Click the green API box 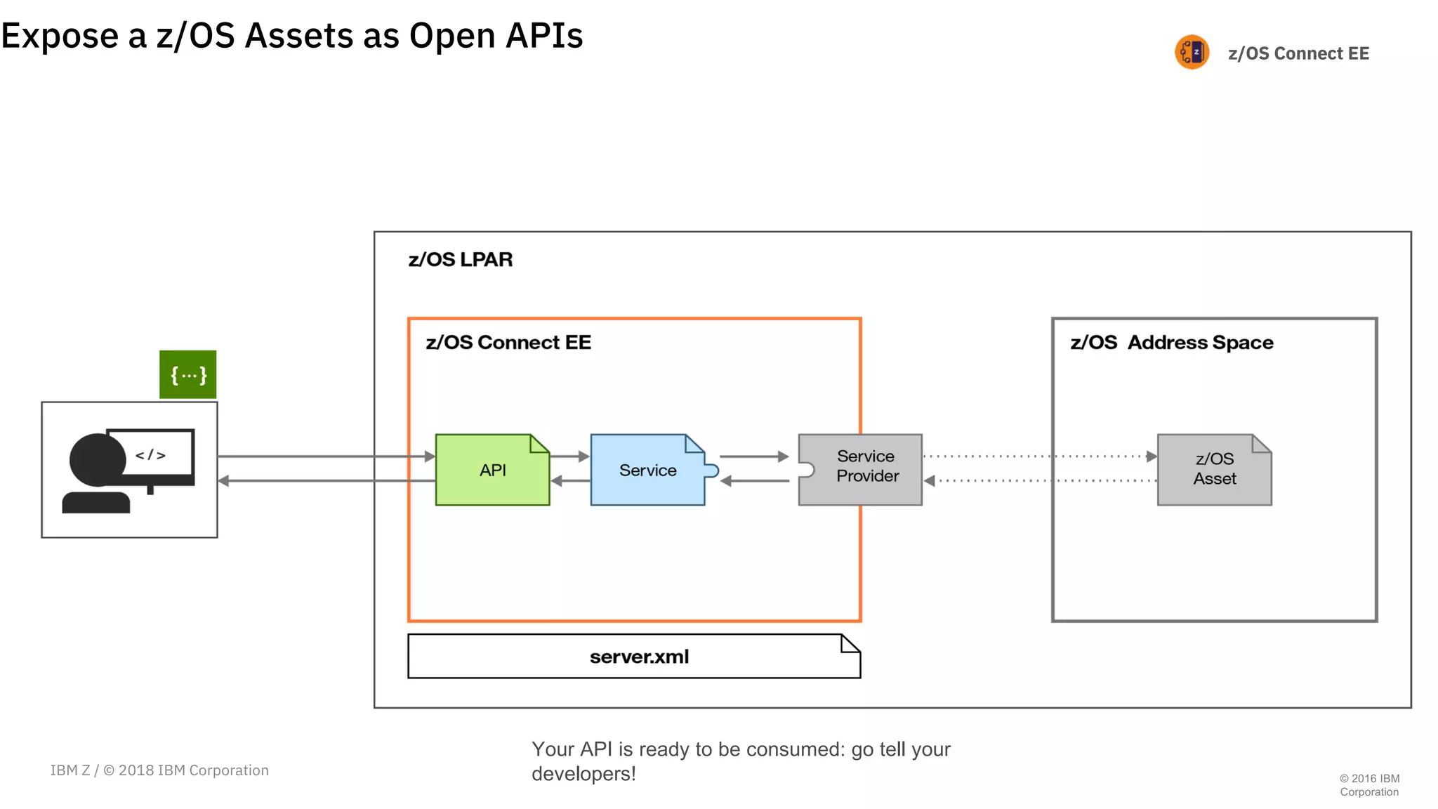(x=492, y=470)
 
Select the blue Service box (x=647, y=470)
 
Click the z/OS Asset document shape (x=1214, y=470)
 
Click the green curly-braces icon (x=188, y=374)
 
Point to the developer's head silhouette (x=98, y=460)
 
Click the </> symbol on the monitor (x=151, y=455)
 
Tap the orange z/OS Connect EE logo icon (x=1192, y=53)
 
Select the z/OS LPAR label (x=461, y=260)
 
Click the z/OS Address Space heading (x=1171, y=343)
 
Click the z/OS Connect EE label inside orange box (x=508, y=343)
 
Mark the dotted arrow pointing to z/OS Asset (x=1039, y=456)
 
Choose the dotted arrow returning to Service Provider (x=1039, y=481)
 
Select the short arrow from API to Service (x=569, y=456)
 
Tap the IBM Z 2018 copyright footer (x=159, y=770)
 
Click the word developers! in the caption (x=583, y=774)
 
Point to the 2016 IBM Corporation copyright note (x=1369, y=785)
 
